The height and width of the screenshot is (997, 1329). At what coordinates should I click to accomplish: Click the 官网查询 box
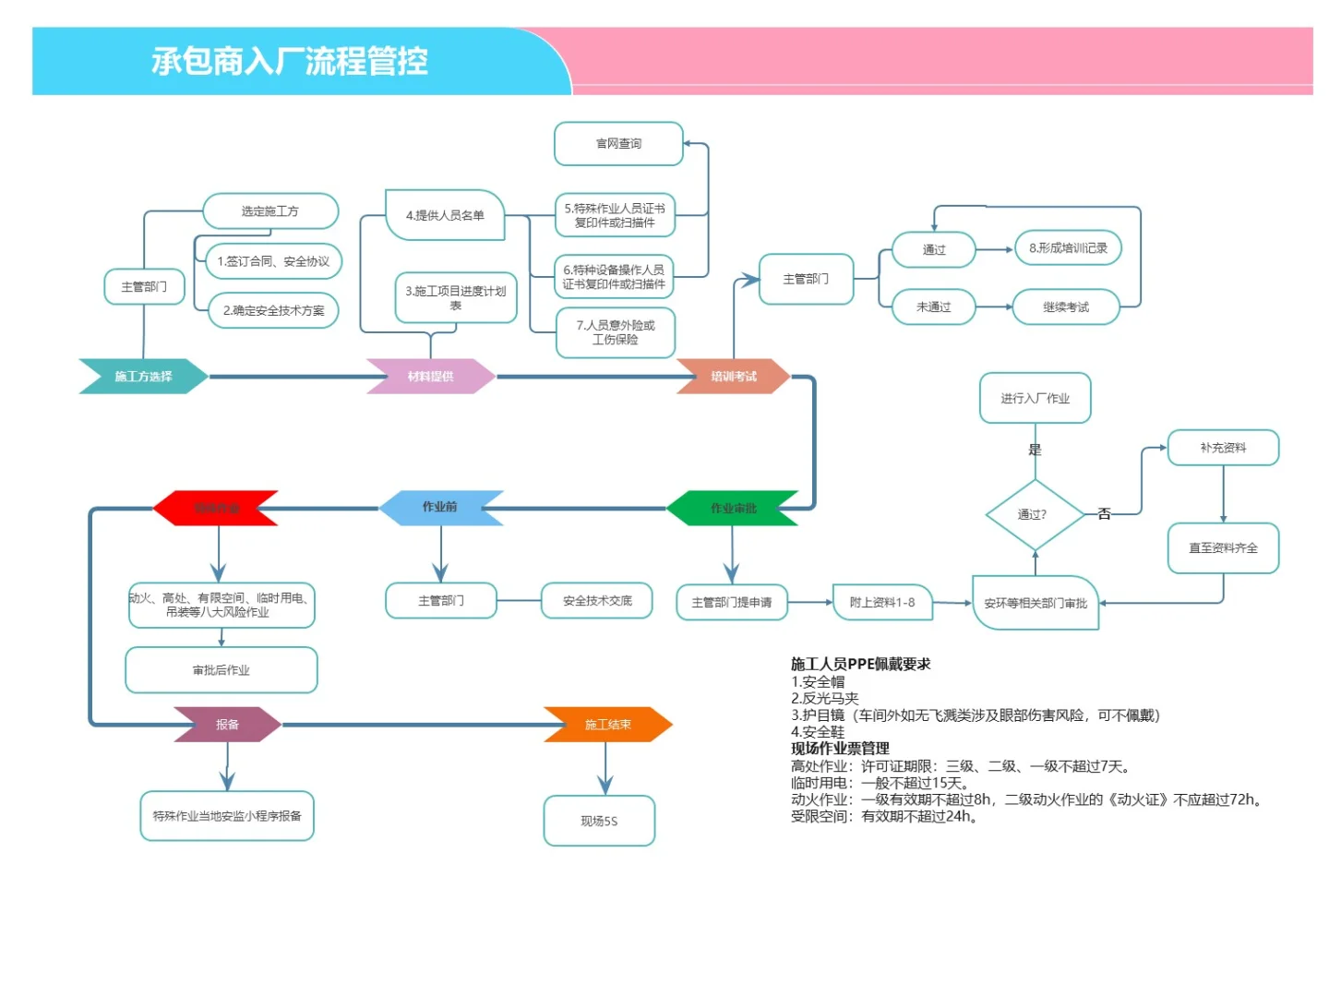tap(618, 144)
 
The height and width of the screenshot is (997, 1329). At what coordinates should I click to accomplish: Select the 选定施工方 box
tap(270, 211)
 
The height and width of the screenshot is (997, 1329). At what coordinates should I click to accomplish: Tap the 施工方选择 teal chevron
tap(143, 377)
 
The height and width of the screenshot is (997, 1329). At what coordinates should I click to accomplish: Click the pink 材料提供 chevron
tap(430, 377)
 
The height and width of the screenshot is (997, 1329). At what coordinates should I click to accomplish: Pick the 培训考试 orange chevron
tap(734, 377)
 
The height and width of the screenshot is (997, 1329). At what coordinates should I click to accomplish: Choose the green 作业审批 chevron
tap(733, 509)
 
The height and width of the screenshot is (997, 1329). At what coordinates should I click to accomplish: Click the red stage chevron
tap(216, 509)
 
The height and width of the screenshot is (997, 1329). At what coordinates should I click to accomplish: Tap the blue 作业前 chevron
tap(440, 508)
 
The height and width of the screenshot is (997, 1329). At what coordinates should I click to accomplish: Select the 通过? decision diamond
tap(1034, 515)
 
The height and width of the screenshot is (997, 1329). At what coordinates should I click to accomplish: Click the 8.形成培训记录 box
tap(1068, 248)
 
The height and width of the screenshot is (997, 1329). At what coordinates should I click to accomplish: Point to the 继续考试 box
tap(1066, 307)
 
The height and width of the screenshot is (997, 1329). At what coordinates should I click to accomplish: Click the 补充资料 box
tap(1223, 448)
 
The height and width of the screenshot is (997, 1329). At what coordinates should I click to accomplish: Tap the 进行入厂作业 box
tap(1035, 399)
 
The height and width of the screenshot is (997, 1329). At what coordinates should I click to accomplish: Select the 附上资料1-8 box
tap(882, 603)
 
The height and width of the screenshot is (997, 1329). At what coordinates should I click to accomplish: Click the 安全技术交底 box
tap(597, 601)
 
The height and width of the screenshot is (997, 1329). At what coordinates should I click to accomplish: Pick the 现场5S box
tap(599, 821)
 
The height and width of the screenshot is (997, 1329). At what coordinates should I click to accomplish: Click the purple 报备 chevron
tap(227, 725)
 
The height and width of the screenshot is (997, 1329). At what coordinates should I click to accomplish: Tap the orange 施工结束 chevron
tap(607, 725)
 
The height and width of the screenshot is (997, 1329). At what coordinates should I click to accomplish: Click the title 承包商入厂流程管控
tap(290, 62)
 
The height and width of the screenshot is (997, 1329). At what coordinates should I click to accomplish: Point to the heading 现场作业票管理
tap(840, 749)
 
